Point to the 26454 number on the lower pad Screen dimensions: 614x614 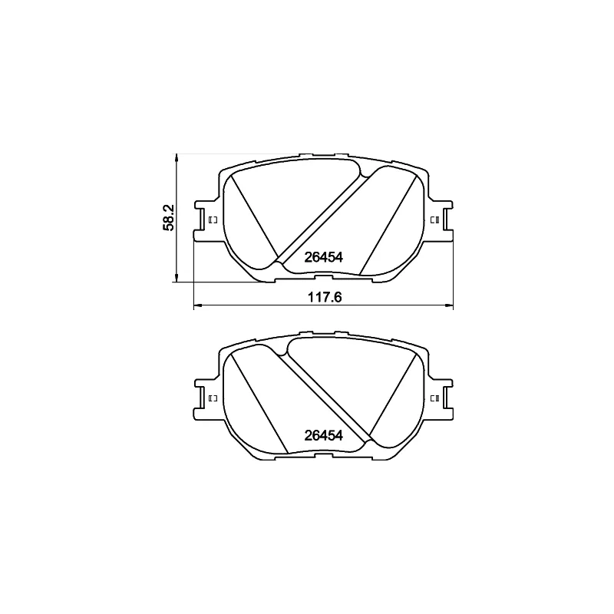pyautogui.click(x=323, y=434)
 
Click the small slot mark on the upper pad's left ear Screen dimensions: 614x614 pyautogui.click(x=213, y=220)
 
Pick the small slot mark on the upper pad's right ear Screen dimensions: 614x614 pyautogui.click(x=434, y=220)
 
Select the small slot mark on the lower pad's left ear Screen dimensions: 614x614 pyautogui.click(x=213, y=398)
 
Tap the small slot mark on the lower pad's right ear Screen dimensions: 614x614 pyautogui.click(x=434, y=398)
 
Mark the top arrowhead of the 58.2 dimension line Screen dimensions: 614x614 pyautogui.click(x=177, y=159)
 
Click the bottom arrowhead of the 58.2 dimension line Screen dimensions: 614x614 pyautogui.click(x=177, y=278)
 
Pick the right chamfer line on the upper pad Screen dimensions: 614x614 pyautogui.click(x=391, y=223)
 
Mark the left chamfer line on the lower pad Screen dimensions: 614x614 pyautogui.click(x=259, y=399)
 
